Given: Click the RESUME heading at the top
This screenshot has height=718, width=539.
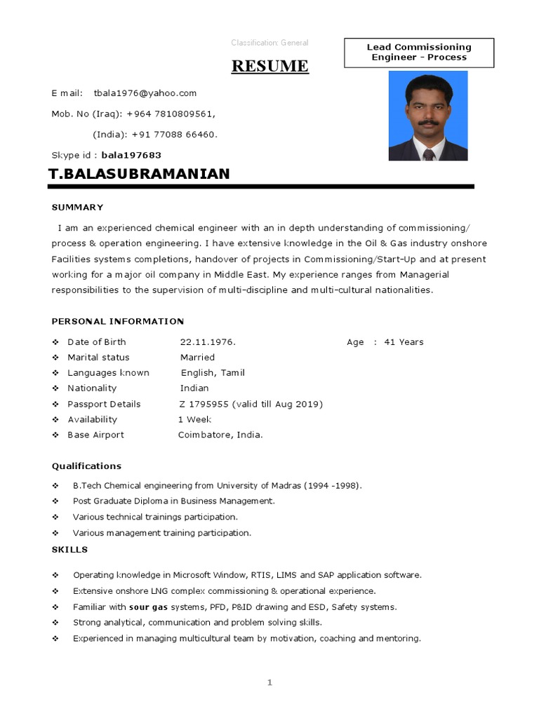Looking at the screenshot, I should pos(270,66).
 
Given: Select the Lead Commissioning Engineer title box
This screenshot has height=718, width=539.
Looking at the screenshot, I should pos(419,53).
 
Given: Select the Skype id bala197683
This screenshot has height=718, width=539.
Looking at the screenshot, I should pos(131,155).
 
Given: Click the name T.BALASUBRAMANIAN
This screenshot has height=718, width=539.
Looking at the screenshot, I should pos(139,174).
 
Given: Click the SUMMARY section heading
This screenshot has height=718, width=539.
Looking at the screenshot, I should pos(78,208).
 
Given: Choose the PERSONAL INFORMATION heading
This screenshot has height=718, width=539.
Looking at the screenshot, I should pos(118,321).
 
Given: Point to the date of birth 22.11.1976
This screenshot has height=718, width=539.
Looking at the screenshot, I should pos(208,342).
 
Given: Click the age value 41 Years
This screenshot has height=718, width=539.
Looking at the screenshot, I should pos(404,342).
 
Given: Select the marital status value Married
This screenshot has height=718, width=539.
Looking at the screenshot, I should pos(197,358).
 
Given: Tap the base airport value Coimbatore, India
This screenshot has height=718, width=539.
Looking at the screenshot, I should pos(220,435).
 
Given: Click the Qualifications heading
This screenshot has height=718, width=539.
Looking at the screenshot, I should pos(86,466).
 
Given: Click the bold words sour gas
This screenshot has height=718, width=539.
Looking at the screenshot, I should pos(148,607).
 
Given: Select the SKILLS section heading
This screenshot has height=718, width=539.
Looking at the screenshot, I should pos(69,550).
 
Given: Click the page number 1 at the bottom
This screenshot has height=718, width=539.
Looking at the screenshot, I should pos(269,683).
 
